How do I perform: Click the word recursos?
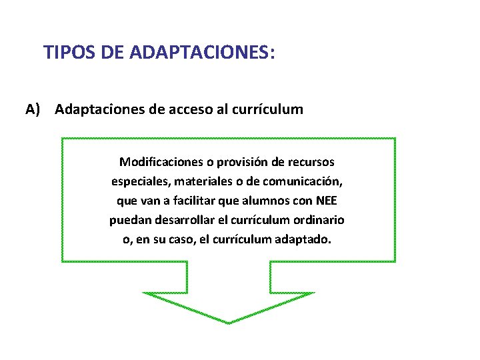pyautogui.click(x=313, y=162)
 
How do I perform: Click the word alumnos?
pyautogui.click(x=265, y=201)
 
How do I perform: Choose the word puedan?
pyautogui.click(x=129, y=220)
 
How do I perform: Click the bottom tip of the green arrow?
pyautogui.click(x=229, y=323)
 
